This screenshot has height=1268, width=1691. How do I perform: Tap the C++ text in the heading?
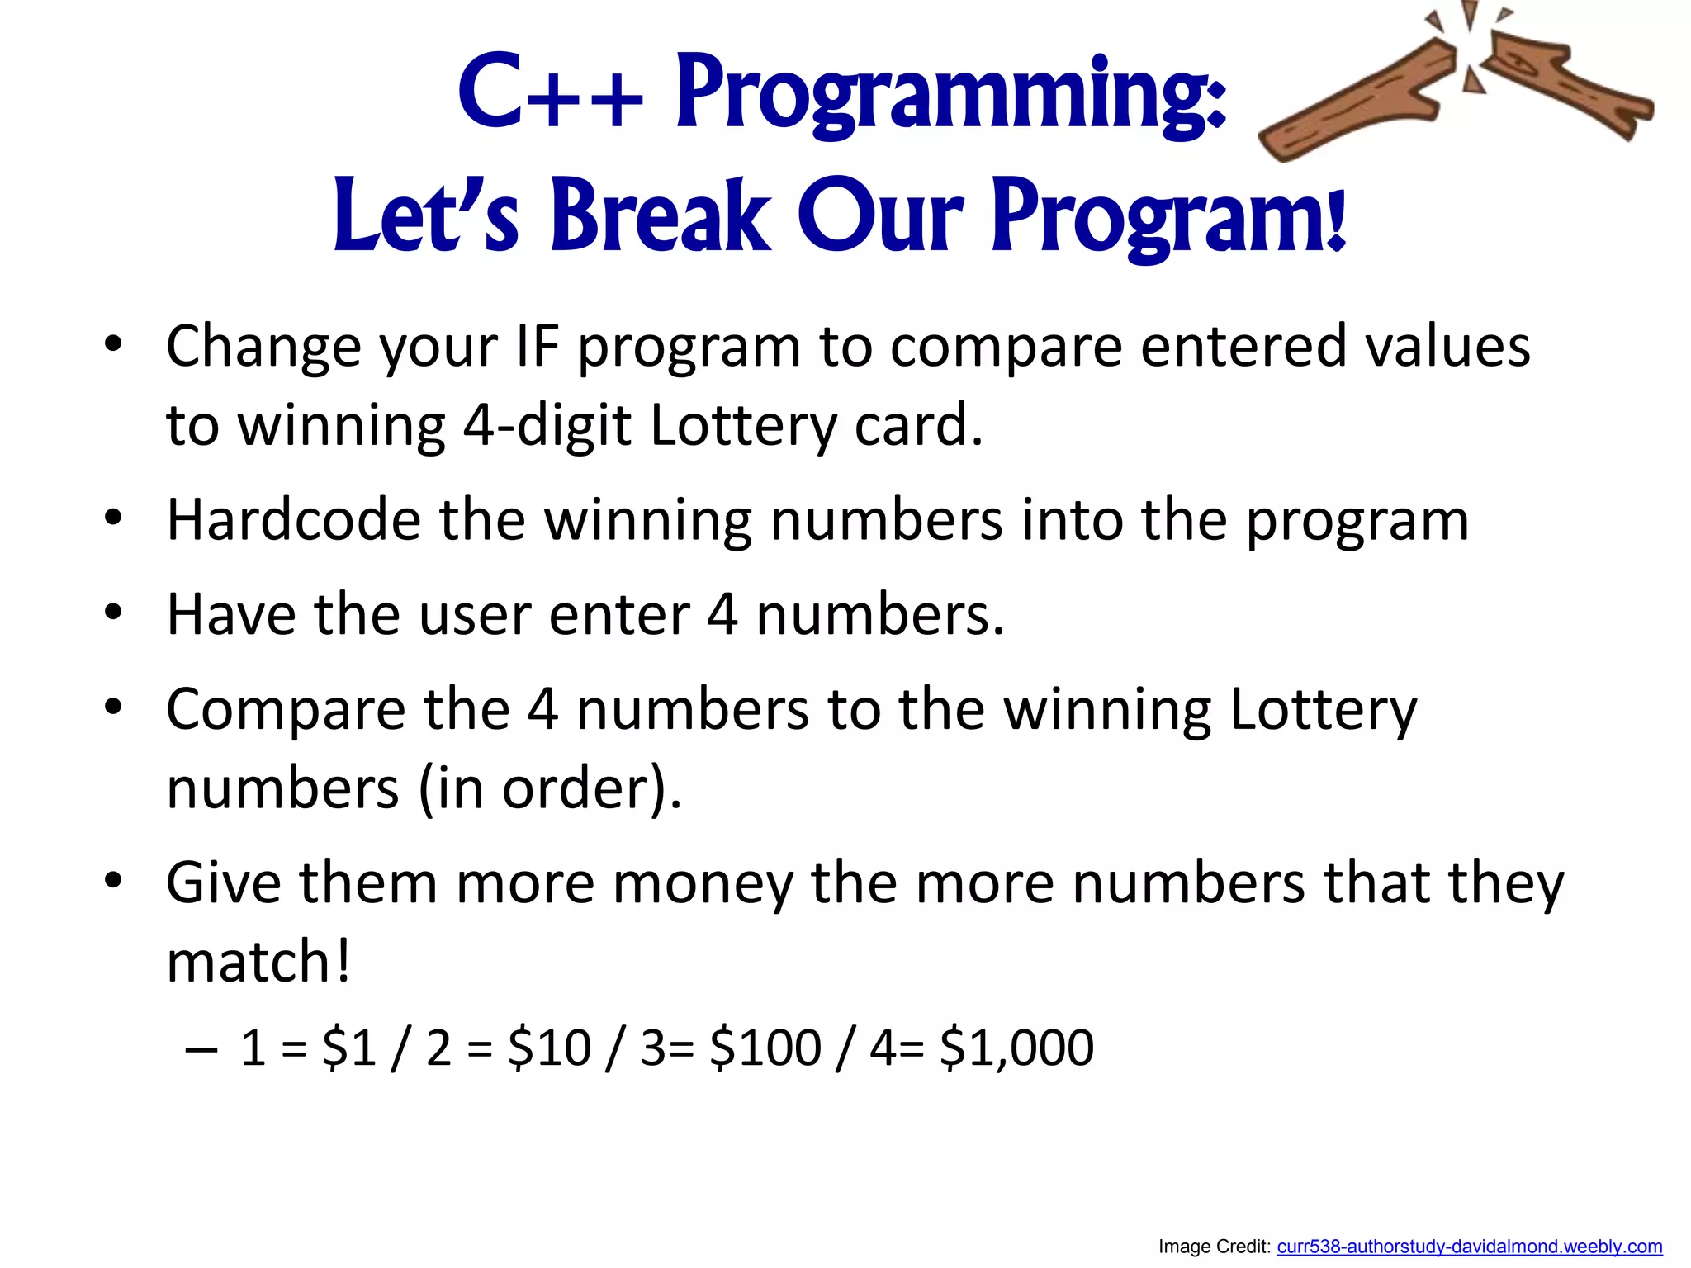(550, 92)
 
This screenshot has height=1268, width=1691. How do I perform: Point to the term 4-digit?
(547, 426)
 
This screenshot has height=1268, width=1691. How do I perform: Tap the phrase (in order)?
(550, 788)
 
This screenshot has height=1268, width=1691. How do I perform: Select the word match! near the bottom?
(258, 963)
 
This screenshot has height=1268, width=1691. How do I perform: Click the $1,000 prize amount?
(1016, 1048)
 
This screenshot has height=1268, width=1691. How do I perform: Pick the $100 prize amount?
(765, 1048)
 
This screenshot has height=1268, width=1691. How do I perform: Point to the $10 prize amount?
(549, 1048)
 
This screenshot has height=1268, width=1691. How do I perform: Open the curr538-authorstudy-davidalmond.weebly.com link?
(1469, 1247)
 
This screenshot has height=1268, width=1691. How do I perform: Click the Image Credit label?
(1215, 1247)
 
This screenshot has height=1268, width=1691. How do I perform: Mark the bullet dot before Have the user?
(113, 613)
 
